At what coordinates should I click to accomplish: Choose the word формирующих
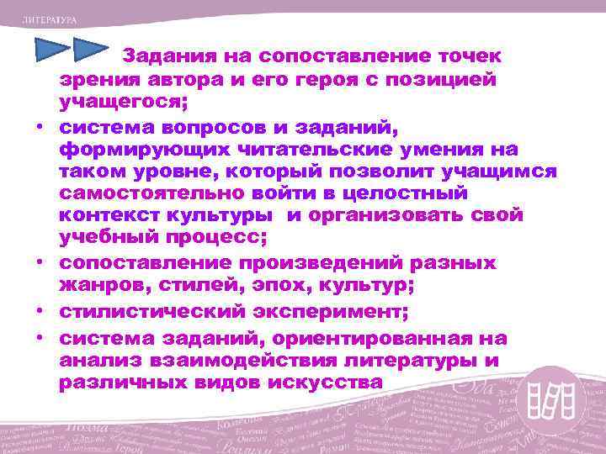pyautogui.click(x=149, y=149)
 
